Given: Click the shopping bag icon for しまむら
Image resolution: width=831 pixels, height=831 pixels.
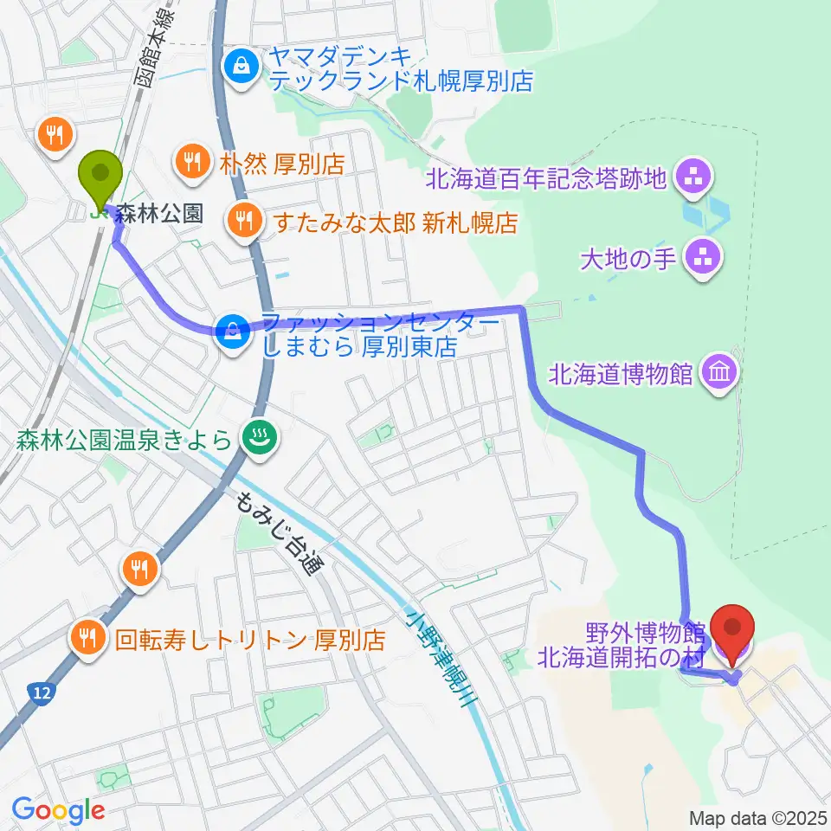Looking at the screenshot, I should click(x=232, y=329).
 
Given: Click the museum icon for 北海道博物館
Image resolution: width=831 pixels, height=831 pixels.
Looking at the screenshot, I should click(x=721, y=373).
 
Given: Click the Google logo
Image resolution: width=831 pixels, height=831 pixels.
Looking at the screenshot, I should click(x=58, y=810).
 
